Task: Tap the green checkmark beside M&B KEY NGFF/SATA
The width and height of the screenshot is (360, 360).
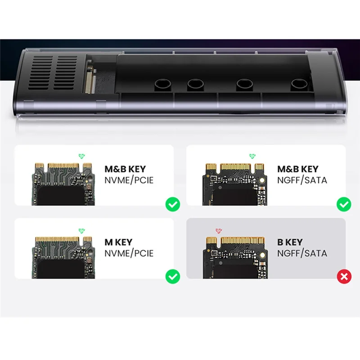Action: coord(344,205)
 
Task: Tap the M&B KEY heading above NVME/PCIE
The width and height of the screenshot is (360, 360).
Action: coord(125,169)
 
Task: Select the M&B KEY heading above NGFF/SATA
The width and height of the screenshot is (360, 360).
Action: coord(297,169)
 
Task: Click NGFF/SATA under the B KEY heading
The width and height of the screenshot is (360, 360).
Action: coord(302,253)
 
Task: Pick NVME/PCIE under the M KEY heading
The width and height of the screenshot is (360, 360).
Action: coord(129,253)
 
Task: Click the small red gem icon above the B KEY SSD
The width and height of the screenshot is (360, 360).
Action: coord(219,230)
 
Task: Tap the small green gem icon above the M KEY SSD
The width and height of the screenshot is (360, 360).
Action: coord(81,230)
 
